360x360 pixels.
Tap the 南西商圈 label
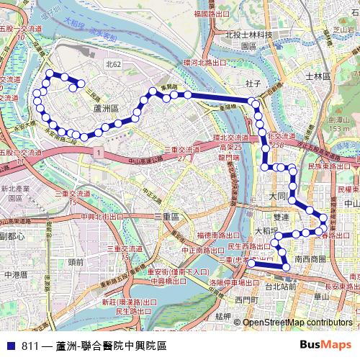(310, 258)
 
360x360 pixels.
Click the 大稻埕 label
(267, 231)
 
